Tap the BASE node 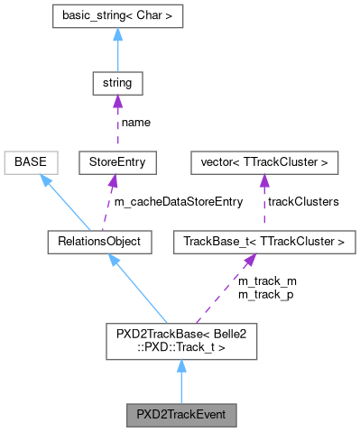(x=32, y=163)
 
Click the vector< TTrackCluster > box (x=263, y=163)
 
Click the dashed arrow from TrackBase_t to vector (x=263, y=203)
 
